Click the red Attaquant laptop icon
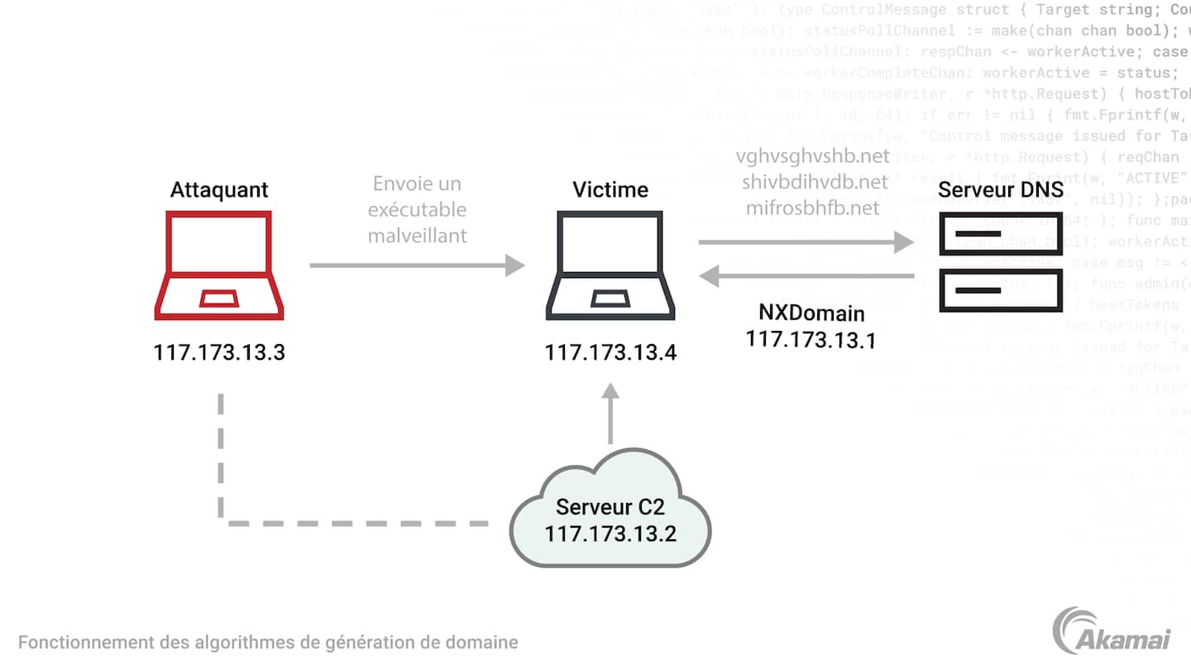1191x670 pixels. (x=219, y=265)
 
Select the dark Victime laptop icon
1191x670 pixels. (x=610, y=265)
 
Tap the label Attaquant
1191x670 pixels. (x=219, y=189)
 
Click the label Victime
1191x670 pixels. (x=610, y=189)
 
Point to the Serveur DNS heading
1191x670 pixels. (x=1001, y=189)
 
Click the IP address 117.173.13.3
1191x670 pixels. (x=219, y=352)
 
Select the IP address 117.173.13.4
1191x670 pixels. (x=610, y=352)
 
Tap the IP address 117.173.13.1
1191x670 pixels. (x=811, y=339)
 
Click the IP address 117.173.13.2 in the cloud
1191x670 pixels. (x=610, y=534)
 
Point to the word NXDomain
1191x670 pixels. (x=811, y=313)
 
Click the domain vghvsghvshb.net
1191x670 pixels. (x=813, y=156)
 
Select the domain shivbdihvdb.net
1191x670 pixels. (x=813, y=182)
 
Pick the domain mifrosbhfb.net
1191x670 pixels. (x=813, y=208)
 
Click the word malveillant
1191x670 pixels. (x=417, y=236)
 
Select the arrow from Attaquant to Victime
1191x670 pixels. (x=417, y=266)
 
